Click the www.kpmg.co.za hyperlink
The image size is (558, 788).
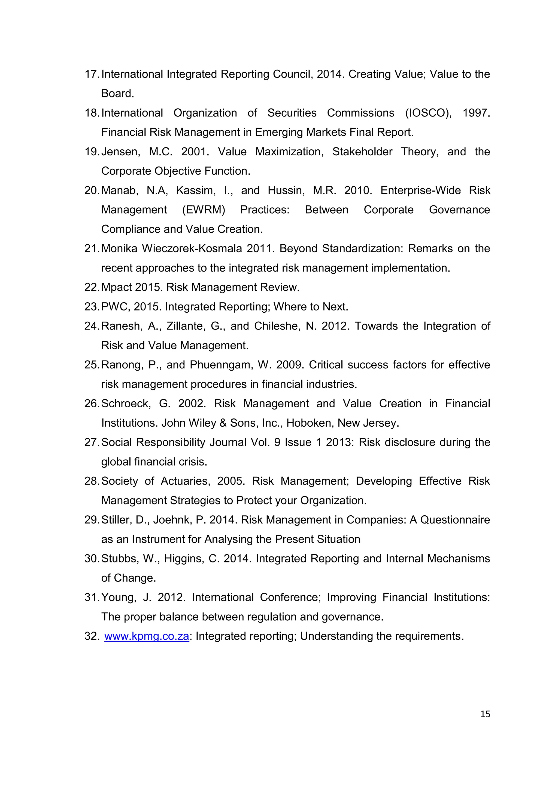tap(147, 636)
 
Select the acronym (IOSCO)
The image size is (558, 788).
tap(428, 113)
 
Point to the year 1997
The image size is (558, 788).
tap(476, 113)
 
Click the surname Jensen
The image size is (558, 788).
tap(120, 152)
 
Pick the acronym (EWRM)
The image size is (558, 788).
tap(204, 210)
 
